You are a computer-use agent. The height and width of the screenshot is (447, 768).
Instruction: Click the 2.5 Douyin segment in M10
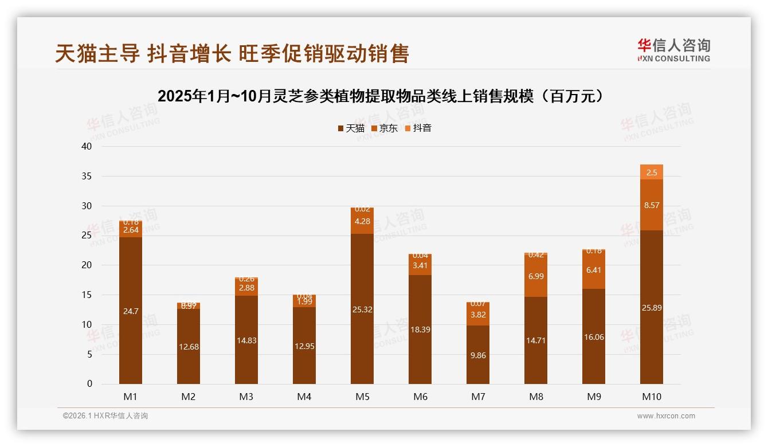[x=652, y=172]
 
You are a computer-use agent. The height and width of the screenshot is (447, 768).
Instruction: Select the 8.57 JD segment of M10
[x=652, y=205]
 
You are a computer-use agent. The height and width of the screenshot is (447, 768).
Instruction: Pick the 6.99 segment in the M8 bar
[x=536, y=276]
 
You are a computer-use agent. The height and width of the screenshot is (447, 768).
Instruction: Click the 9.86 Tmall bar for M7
[x=478, y=355]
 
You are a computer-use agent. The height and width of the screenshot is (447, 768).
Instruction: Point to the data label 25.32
[x=362, y=309]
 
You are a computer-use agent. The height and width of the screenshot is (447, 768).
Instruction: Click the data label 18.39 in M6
[x=420, y=330]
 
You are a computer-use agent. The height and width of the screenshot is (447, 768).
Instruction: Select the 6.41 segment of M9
[x=594, y=269]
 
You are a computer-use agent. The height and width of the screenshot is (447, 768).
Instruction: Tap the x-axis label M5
[x=362, y=397]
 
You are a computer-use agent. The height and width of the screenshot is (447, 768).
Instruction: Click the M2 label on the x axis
[x=189, y=397]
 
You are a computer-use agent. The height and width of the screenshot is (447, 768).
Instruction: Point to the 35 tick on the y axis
[x=87, y=176]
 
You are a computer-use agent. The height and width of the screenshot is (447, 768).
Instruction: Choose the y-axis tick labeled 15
[x=87, y=295]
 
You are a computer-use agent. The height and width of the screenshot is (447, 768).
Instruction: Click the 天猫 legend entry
[x=351, y=128]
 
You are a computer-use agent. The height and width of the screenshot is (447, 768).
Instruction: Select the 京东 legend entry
[x=384, y=128]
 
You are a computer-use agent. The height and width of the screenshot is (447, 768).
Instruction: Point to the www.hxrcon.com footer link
[x=666, y=416]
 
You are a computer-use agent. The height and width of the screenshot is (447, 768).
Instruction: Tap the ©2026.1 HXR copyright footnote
[x=105, y=416]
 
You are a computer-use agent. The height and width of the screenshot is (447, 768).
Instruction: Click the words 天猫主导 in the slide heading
[x=97, y=53]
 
